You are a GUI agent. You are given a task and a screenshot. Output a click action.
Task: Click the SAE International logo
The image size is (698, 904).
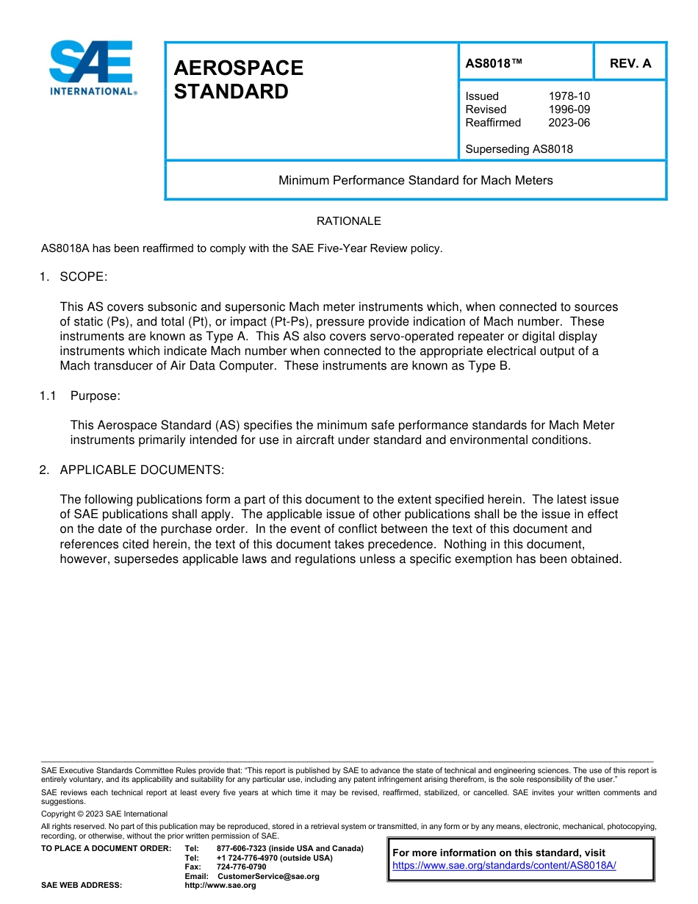tap(92, 68)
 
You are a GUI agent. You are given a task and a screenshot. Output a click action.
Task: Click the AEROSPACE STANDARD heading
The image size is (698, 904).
tap(238, 79)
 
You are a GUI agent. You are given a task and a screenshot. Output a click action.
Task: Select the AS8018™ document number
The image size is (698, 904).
tap(494, 63)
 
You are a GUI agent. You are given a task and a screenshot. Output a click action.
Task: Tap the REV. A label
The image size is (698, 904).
tap(630, 63)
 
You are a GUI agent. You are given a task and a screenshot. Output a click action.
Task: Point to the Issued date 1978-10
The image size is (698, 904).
tap(569, 96)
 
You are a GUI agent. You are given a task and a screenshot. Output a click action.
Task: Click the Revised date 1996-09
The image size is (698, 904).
tap(569, 110)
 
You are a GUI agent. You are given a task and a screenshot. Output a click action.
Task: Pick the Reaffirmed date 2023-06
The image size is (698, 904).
tap(569, 123)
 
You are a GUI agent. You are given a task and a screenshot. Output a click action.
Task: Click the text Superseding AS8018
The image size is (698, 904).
tap(519, 149)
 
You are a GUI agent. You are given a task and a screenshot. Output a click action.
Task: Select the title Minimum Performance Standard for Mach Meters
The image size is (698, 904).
tap(415, 180)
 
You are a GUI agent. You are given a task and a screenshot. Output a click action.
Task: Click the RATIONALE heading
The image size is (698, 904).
tap(348, 221)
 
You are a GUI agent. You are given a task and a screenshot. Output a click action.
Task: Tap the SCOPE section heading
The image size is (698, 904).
tap(83, 277)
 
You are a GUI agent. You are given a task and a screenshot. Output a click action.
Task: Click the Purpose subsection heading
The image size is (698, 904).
tap(95, 396)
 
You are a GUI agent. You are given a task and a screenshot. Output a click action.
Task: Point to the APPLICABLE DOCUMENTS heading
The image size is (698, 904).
tap(141, 470)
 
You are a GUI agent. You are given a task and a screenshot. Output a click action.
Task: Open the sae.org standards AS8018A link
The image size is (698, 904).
tap(504, 866)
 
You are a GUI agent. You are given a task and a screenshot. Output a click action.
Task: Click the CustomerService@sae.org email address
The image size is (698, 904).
tap(268, 876)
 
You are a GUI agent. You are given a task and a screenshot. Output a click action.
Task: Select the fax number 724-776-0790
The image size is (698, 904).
tap(241, 867)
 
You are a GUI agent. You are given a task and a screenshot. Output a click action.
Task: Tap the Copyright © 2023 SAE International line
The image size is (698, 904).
tap(104, 814)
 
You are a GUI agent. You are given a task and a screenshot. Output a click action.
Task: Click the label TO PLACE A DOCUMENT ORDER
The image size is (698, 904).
tap(106, 849)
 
